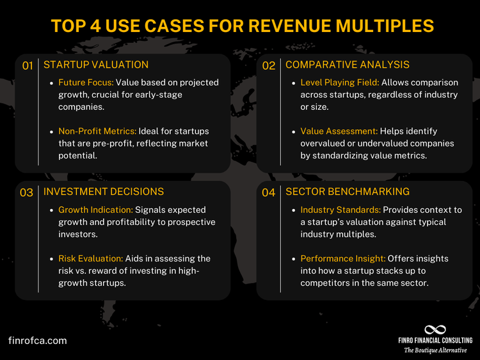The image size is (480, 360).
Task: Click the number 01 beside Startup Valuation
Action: pos(28,65)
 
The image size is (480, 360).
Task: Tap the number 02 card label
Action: pos(269,65)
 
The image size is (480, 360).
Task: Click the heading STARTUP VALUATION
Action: pos(95,65)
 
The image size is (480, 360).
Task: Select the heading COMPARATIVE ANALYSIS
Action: pos(348,65)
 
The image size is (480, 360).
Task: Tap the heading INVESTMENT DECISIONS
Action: pos(103,192)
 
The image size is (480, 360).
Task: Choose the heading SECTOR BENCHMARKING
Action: pos(348,192)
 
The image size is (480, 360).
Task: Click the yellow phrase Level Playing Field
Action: pos(340,82)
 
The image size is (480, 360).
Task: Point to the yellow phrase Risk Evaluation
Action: pos(90,258)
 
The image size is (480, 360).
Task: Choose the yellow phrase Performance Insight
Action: pos(342,258)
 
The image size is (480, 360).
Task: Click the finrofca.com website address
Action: pos(38,341)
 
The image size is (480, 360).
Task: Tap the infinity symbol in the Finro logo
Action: pos(435,329)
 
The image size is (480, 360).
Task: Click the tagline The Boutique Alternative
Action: pos(435,350)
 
